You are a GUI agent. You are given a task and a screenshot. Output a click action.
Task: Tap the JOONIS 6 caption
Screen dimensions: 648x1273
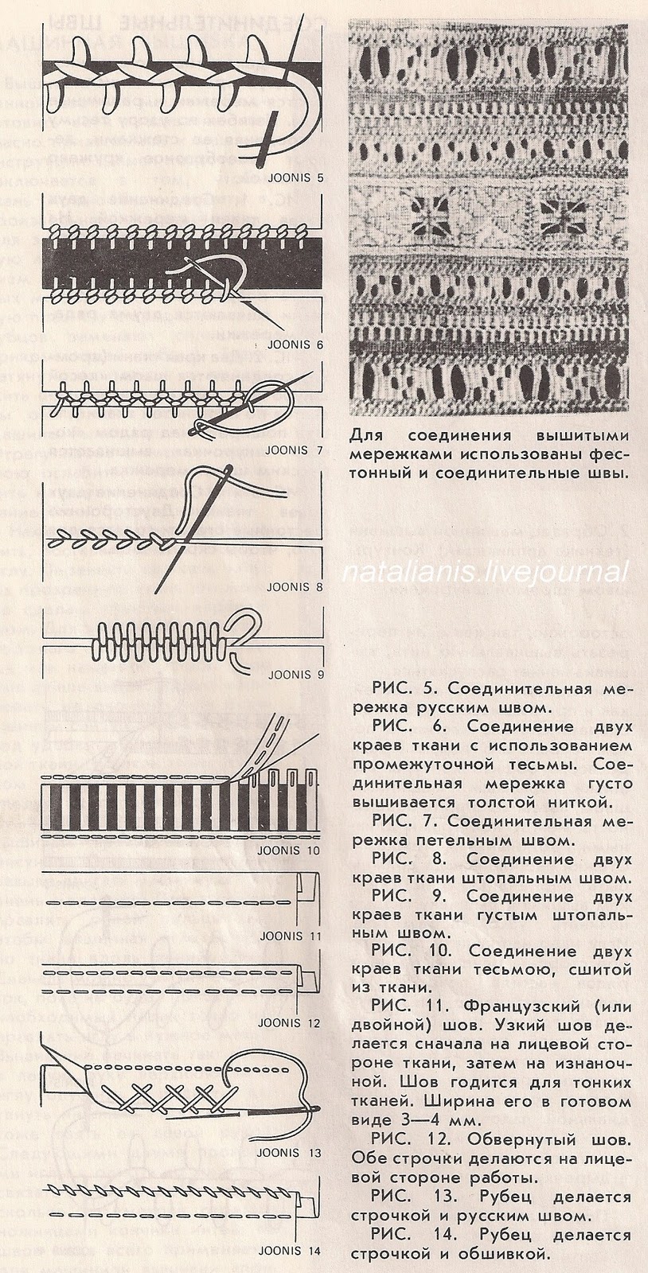[x=295, y=346]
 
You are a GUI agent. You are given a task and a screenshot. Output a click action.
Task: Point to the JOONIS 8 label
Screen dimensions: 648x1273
[x=295, y=588]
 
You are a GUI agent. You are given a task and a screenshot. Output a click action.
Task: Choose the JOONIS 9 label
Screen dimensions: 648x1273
[x=295, y=675]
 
